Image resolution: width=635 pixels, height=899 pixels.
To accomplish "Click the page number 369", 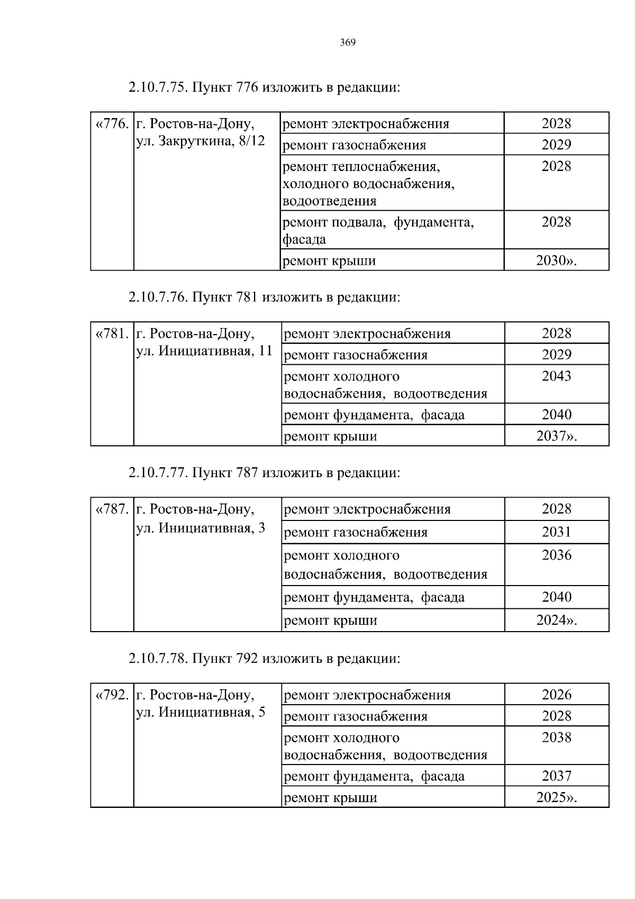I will pos(348,43).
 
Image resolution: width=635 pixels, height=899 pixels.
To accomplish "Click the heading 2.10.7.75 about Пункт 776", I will pos(264,87).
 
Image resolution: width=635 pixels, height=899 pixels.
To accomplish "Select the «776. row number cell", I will pos(112,124).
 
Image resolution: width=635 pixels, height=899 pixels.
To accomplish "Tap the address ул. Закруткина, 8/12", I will pos(201,141).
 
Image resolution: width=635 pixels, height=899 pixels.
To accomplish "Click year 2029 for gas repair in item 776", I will pos(556,145).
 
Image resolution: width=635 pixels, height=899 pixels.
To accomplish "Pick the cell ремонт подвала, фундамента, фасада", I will pos(378,230).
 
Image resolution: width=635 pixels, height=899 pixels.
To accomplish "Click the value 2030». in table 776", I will pos(556,261).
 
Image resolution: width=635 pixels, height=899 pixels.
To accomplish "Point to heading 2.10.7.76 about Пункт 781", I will pos(264,298).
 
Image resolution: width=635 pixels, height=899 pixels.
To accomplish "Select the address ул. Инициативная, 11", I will pos(204,351).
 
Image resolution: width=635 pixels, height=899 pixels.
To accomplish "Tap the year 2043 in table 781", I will pos(556,376).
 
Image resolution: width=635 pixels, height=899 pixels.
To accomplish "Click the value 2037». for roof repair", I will pos(556,436).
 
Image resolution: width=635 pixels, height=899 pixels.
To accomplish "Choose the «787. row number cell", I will pos(112,510).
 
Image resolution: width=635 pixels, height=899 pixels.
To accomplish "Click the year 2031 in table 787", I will pos(556,532).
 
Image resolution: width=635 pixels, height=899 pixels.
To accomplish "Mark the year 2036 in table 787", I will pos(556,555).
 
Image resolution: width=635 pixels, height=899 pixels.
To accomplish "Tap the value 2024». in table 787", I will pos(556,621).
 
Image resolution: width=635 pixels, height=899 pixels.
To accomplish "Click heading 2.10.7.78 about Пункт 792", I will pos(264,659).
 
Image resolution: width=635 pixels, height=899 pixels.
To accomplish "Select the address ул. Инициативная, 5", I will pos(201,713).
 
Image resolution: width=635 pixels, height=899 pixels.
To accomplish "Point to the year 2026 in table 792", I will pos(556,695).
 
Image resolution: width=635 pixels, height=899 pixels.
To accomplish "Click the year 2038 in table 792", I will pos(556,738).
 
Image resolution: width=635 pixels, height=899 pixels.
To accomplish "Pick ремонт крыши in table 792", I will pos(331,798).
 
